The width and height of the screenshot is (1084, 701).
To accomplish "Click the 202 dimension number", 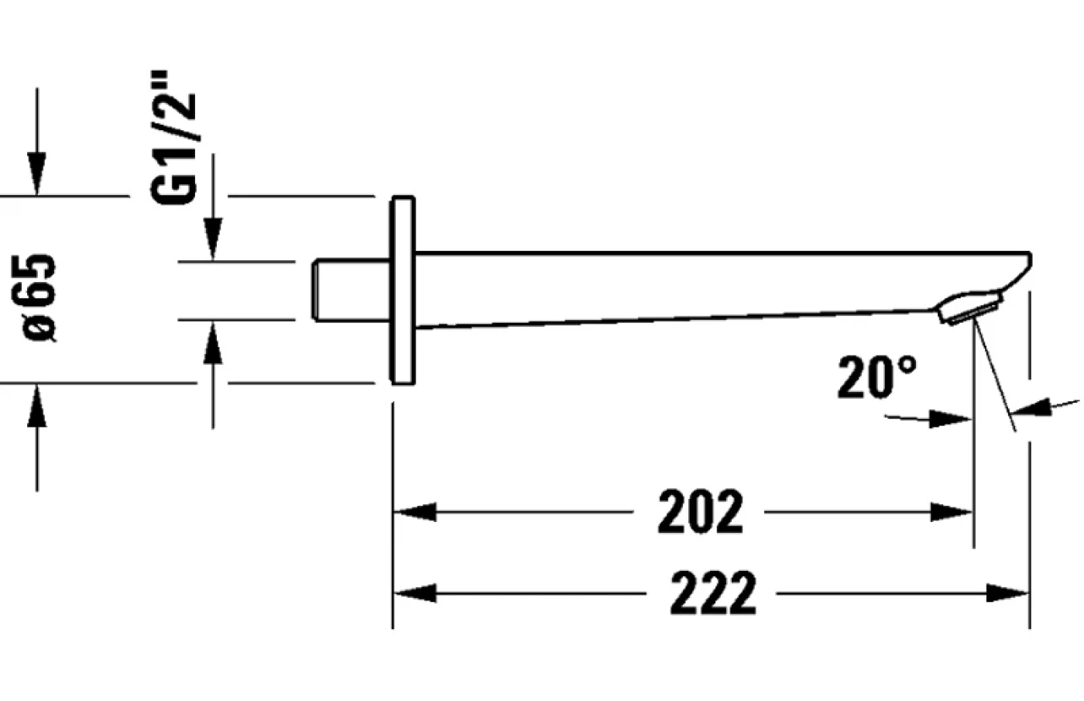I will tap(700, 511).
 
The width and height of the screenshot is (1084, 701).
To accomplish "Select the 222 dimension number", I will tap(712, 593).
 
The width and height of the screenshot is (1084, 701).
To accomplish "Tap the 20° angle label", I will tap(876, 378).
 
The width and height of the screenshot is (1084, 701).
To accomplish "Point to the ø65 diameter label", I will tap(39, 297).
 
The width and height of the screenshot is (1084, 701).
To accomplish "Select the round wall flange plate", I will tap(403, 290).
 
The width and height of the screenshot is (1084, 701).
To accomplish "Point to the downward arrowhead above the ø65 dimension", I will tap(36, 174).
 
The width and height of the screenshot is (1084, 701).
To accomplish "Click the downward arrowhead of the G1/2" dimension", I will tap(213, 239).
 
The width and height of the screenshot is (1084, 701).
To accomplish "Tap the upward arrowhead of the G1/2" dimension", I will tap(213, 342).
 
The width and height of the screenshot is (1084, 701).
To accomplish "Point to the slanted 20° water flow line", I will tap(995, 376).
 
